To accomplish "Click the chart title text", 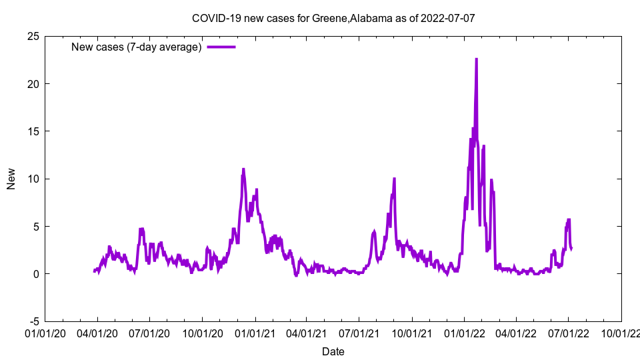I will [x=333, y=18].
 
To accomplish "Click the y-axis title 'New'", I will [x=11, y=179].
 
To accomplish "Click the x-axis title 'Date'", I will [x=333, y=351].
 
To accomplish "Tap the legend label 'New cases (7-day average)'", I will [x=137, y=47].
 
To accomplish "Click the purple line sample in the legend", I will [x=221, y=47].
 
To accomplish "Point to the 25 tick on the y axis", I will [x=33, y=36].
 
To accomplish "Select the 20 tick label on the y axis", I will [x=33, y=84].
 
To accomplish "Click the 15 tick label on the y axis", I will [x=33, y=131].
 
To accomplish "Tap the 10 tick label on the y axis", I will [x=33, y=179].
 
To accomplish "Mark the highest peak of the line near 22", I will [x=476, y=59].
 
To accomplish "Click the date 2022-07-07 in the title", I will [x=448, y=18].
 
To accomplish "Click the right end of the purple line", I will [x=571, y=248].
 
